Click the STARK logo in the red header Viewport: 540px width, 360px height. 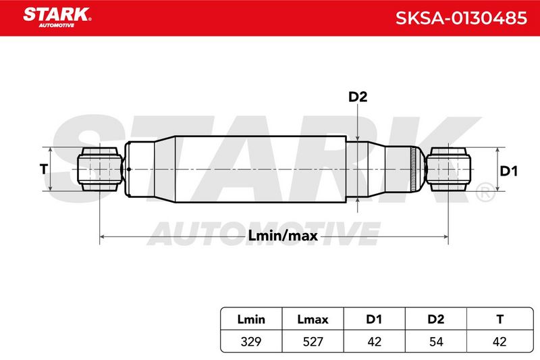click(57, 18)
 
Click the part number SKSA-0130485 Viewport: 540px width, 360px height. click(461, 18)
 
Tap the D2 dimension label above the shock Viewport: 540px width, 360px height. click(358, 97)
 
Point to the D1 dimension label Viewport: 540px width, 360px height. click(509, 171)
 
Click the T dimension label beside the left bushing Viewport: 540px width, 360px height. click(43, 169)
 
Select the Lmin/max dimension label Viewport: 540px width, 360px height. click(283, 236)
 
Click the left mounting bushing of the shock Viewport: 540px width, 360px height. click(100, 169)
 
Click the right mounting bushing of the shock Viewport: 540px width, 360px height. click(448, 169)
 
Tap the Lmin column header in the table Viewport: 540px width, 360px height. click(251, 319)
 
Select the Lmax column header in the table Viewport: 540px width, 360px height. click(313, 319)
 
